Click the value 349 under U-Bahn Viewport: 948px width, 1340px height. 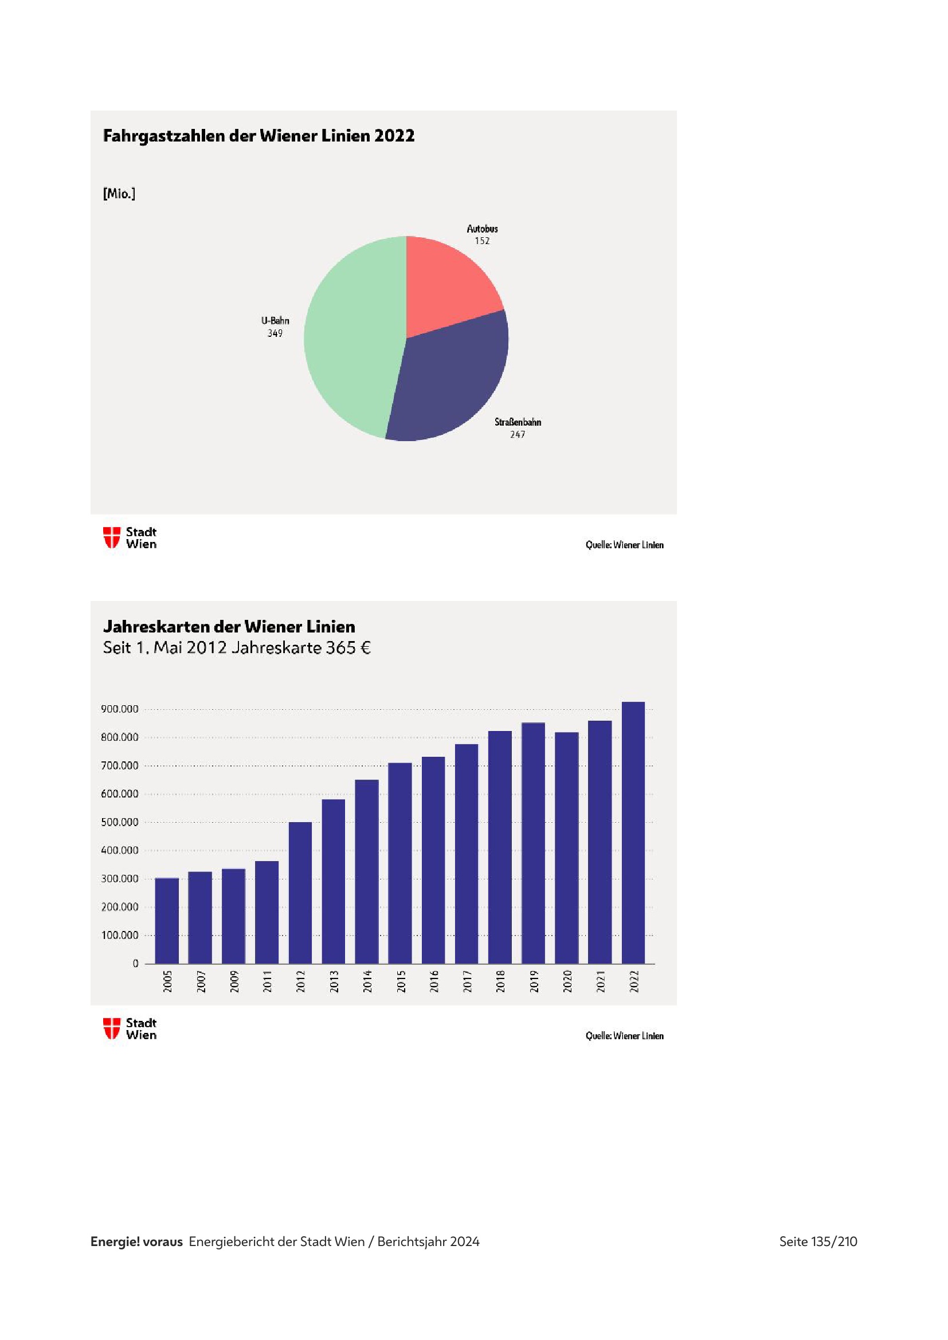(x=275, y=333)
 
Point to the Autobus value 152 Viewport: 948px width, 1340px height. (x=482, y=241)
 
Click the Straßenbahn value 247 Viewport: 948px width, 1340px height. (x=518, y=434)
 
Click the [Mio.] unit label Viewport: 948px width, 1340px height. (x=119, y=194)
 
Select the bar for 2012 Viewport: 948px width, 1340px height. (x=300, y=893)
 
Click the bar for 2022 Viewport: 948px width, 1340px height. (x=633, y=835)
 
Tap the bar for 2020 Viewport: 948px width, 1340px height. (x=567, y=849)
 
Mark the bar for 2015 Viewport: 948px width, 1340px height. (x=400, y=864)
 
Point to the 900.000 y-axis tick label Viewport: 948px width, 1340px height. (x=120, y=709)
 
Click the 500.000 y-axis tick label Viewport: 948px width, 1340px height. (x=120, y=822)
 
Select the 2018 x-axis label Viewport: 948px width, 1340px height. (x=500, y=982)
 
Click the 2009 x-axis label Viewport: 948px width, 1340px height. (x=234, y=982)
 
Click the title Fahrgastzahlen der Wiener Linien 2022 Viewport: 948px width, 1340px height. (x=258, y=136)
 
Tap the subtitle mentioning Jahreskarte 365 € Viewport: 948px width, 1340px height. (x=237, y=648)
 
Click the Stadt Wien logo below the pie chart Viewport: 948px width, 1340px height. (x=130, y=537)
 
